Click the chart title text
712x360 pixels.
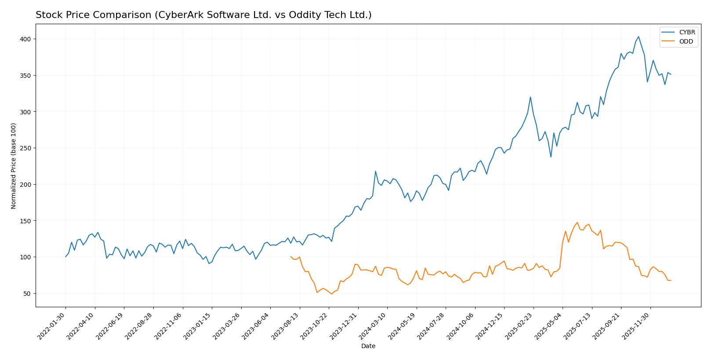(x=203, y=15)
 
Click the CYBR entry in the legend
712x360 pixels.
(x=687, y=33)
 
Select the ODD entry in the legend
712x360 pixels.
(x=686, y=42)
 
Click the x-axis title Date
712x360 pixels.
(x=368, y=346)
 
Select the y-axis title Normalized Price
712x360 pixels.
(x=14, y=166)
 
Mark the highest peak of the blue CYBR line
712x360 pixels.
(x=638, y=37)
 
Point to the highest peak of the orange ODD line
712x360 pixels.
(x=577, y=222)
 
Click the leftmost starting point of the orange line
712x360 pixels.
(x=291, y=256)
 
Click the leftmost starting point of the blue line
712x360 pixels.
(x=65, y=257)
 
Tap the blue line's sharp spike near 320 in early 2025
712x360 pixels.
(x=530, y=97)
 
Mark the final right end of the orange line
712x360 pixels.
(x=671, y=280)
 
